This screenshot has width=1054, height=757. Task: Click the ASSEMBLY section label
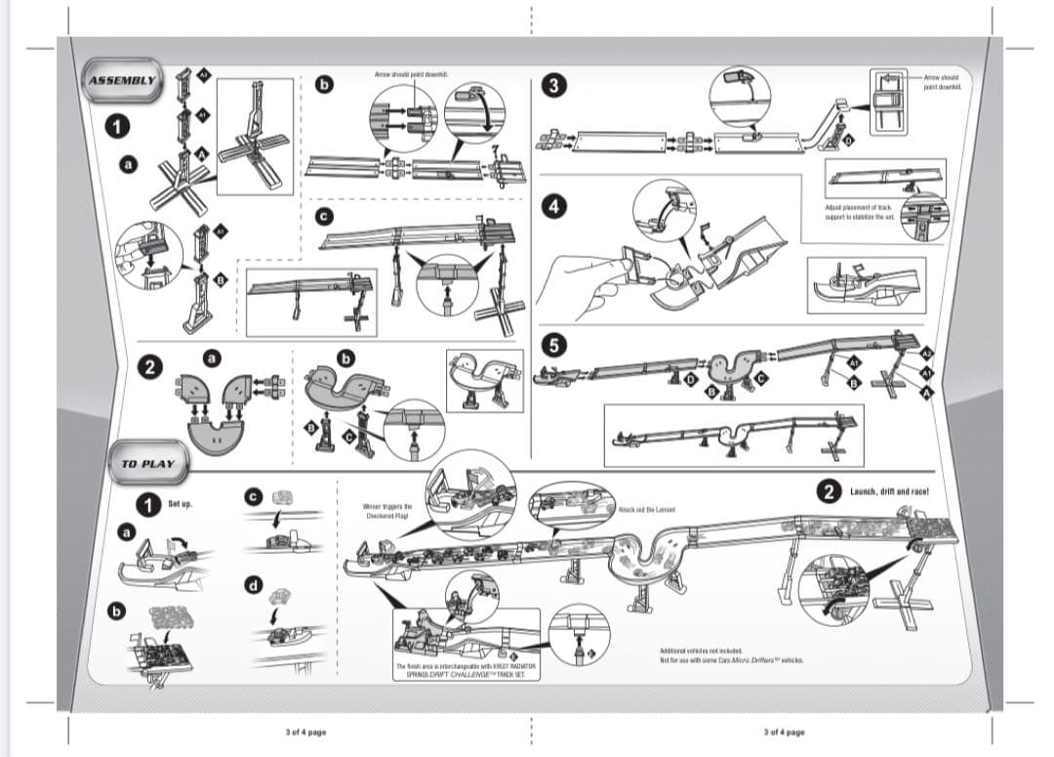121,81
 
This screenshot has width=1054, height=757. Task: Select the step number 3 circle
554,85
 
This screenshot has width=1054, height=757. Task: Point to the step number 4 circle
554,206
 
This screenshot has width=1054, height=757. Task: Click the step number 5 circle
554,344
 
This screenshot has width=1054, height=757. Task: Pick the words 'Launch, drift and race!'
887,492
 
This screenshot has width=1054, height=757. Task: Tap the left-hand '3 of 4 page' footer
305,731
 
